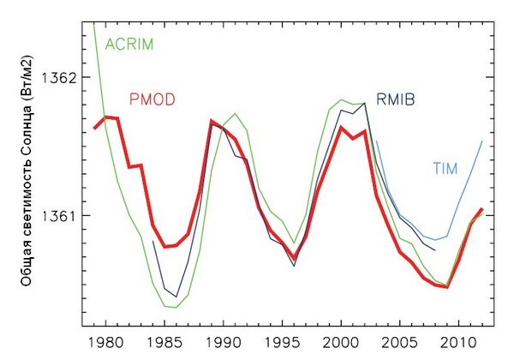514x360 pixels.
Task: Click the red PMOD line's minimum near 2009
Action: (447, 286)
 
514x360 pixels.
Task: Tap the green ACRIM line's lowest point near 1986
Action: (176, 307)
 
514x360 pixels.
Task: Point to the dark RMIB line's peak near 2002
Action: (366, 103)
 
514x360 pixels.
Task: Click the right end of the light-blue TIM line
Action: (483, 141)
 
